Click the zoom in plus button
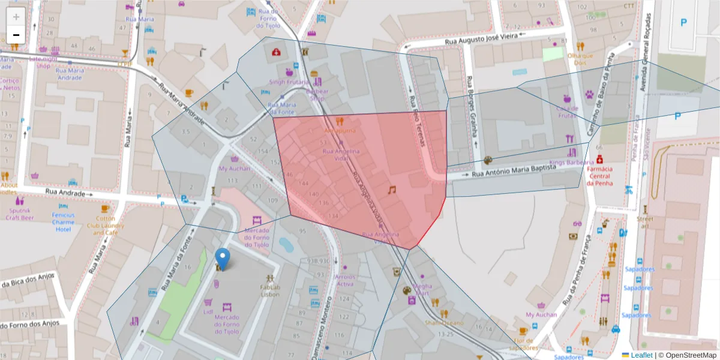point(16,16)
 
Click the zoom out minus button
point(16,35)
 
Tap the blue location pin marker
point(223,259)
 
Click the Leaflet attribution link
point(641,355)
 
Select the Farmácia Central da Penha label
point(599,176)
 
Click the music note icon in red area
point(392,190)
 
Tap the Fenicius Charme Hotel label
point(63,222)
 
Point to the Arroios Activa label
point(344,280)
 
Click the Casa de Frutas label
point(567,112)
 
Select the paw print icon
point(590,94)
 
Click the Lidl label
point(208,312)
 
